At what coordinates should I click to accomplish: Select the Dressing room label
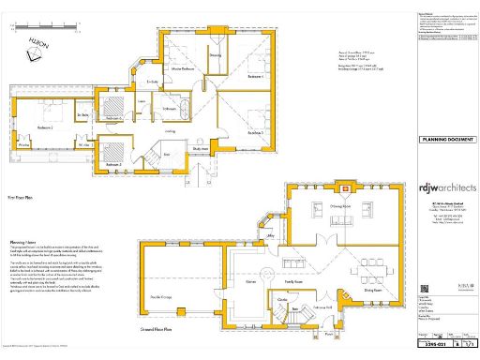coord(215,55)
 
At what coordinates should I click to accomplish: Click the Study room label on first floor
coord(200,147)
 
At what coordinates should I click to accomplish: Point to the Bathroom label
coord(171,110)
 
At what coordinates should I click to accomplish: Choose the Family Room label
coord(293,280)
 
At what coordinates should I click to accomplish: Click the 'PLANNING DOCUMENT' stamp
coord(445,139)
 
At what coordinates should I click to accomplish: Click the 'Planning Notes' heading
coord(22,214)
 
